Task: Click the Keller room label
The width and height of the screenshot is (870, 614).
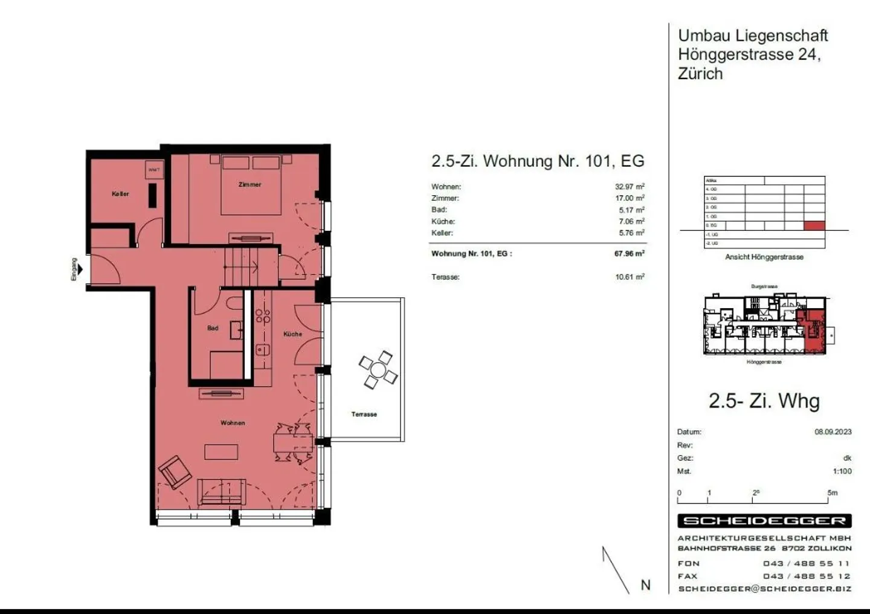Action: coord(120,194)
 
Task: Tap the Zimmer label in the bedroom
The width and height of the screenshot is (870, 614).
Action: coord(250,184)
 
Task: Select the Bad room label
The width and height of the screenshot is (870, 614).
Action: coord(213,328)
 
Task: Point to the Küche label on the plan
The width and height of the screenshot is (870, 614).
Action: coord(292,334)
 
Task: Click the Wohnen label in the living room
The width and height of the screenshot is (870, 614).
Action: coord(233,423)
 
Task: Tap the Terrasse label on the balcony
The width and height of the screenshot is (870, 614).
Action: coord(364,415)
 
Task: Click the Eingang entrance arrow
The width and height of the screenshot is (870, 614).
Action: coord(80,270)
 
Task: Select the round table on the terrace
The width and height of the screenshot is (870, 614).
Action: coord(378,370)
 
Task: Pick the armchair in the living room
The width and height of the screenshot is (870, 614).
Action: coord(175,471)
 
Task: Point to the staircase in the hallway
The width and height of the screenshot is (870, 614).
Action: coord(243,266)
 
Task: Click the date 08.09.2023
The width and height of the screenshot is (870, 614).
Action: coord(833,432)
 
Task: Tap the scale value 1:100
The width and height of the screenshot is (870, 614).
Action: coord(842,471)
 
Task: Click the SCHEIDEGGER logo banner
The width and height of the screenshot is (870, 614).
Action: coord(764,521)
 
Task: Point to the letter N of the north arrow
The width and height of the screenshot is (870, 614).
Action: coord(646,585)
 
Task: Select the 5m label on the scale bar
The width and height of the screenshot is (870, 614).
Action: coord(833,493)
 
